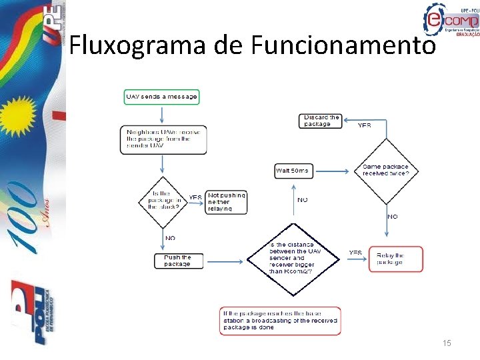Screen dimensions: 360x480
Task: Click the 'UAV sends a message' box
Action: (162, 97)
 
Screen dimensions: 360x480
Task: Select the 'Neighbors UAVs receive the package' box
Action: (163, 139)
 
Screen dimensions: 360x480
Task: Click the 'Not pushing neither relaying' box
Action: (227, 201)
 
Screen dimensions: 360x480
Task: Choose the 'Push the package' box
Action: (177, 261)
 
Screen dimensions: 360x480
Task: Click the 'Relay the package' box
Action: (396, 259)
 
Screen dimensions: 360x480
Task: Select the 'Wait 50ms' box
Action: (293, 171)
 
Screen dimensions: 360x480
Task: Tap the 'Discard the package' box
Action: (321, 121)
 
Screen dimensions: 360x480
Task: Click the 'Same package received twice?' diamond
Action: (386, 170)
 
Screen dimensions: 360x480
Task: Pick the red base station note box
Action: (280, 321)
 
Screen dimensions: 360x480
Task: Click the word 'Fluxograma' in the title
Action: (139, 45)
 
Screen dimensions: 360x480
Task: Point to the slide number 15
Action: (447, 343)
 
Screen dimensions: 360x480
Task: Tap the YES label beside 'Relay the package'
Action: (356, 253)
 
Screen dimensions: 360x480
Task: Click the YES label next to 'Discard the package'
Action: (365, 125)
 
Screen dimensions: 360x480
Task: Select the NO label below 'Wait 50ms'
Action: (303, 199)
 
